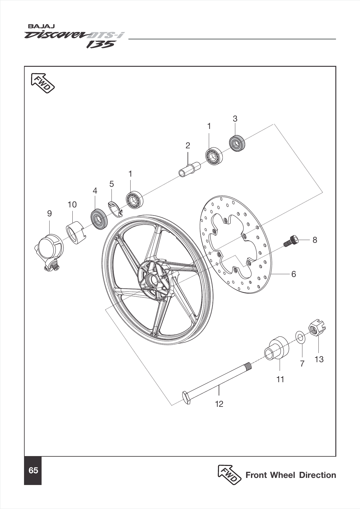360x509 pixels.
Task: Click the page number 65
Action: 33,471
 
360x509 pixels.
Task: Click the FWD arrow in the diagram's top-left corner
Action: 42,83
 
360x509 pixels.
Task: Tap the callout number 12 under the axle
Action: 219,404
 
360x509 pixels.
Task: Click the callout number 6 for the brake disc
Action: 293,274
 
